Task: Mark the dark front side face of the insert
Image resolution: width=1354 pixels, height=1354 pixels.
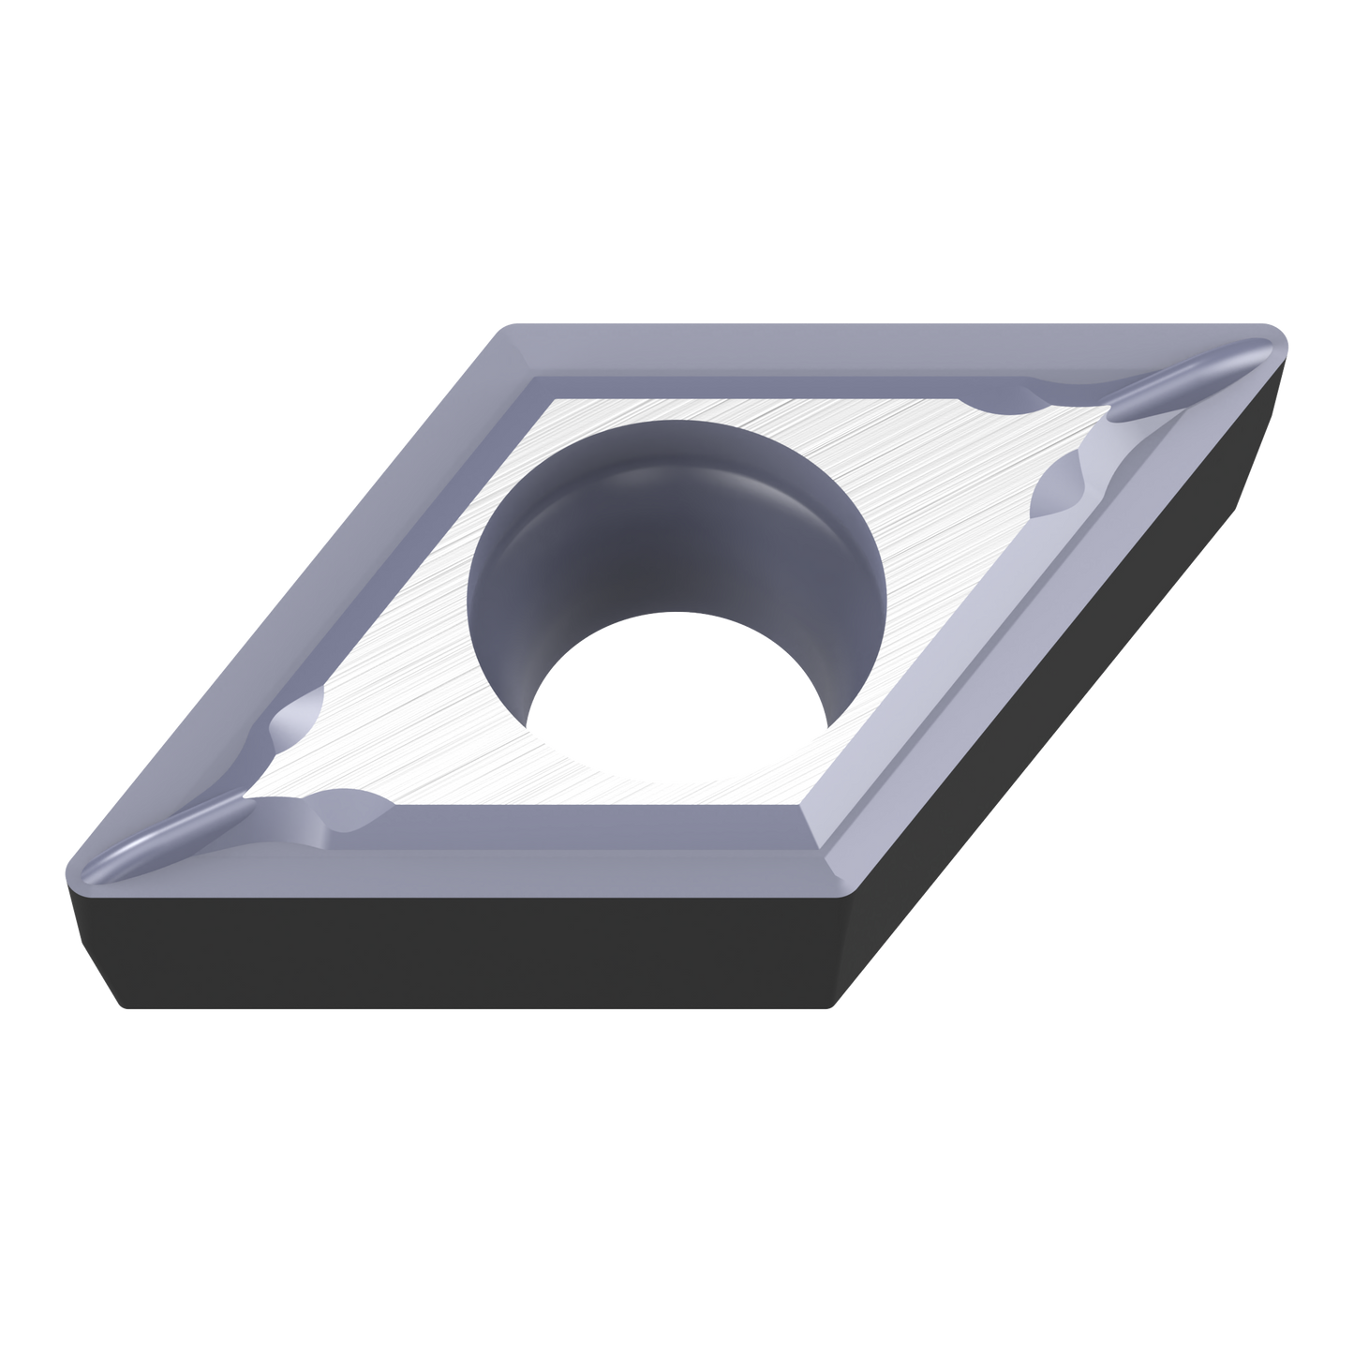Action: coord(469,956)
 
